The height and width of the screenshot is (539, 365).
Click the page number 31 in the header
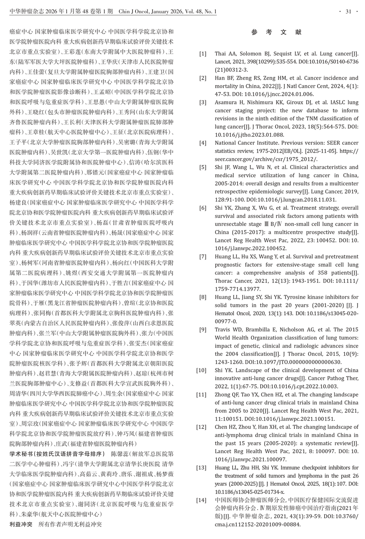click(348, 12)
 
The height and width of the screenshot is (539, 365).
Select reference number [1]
click(203, 54)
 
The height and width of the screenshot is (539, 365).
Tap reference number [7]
click(203, 257)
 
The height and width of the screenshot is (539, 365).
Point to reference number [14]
click(201, 500)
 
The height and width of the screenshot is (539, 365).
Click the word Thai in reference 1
click(221, 54)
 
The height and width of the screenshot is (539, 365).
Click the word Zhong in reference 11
click(223, 395)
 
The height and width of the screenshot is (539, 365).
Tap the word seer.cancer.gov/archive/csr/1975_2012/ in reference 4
click(266, 159)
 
